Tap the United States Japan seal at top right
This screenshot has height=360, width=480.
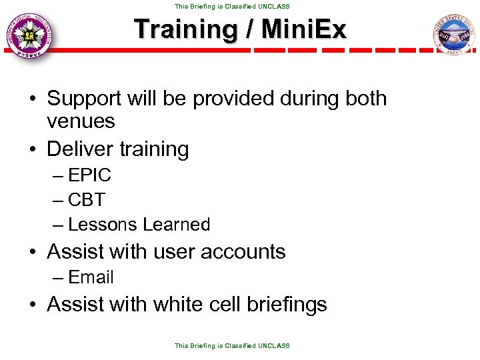pyautogui.click(x=453, y=37)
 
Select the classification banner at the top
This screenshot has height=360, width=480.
pyautogui.click(x=232, y=6)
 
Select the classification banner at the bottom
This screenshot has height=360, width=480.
pyautogui.click(x=232, y=345)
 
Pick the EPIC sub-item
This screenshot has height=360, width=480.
pyautogui.click(x=89, y=176)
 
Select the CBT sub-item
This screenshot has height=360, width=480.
pyautogui.click(x=87, y=200)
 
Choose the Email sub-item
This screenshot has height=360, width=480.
pyautogui.click(x=91, y=277)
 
